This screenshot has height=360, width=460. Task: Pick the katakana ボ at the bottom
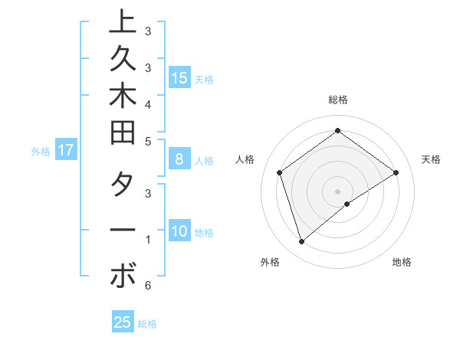(x=122, y=276)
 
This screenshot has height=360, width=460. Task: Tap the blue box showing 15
(x=179, y=77)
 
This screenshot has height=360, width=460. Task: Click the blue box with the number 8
(x=179, y=160)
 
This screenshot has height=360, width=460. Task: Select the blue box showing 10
(x=179, y=231)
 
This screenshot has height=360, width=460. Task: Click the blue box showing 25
(x=122, y=322)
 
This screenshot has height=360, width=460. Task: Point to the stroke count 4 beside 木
(x=147, y=103)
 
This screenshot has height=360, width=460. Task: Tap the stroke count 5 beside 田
(x=147, y=141)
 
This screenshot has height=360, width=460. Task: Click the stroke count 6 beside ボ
(x=147, y=286)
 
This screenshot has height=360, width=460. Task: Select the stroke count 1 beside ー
(x=147, y=240)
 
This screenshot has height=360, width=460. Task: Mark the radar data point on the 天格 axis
(x=396, y=172)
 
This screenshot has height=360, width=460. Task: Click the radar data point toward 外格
(x=301, y=242)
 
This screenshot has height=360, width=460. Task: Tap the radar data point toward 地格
(x=347, y=204)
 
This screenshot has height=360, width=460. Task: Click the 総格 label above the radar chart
(x=338, y=100)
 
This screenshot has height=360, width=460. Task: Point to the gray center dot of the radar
(x=338, y=191)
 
